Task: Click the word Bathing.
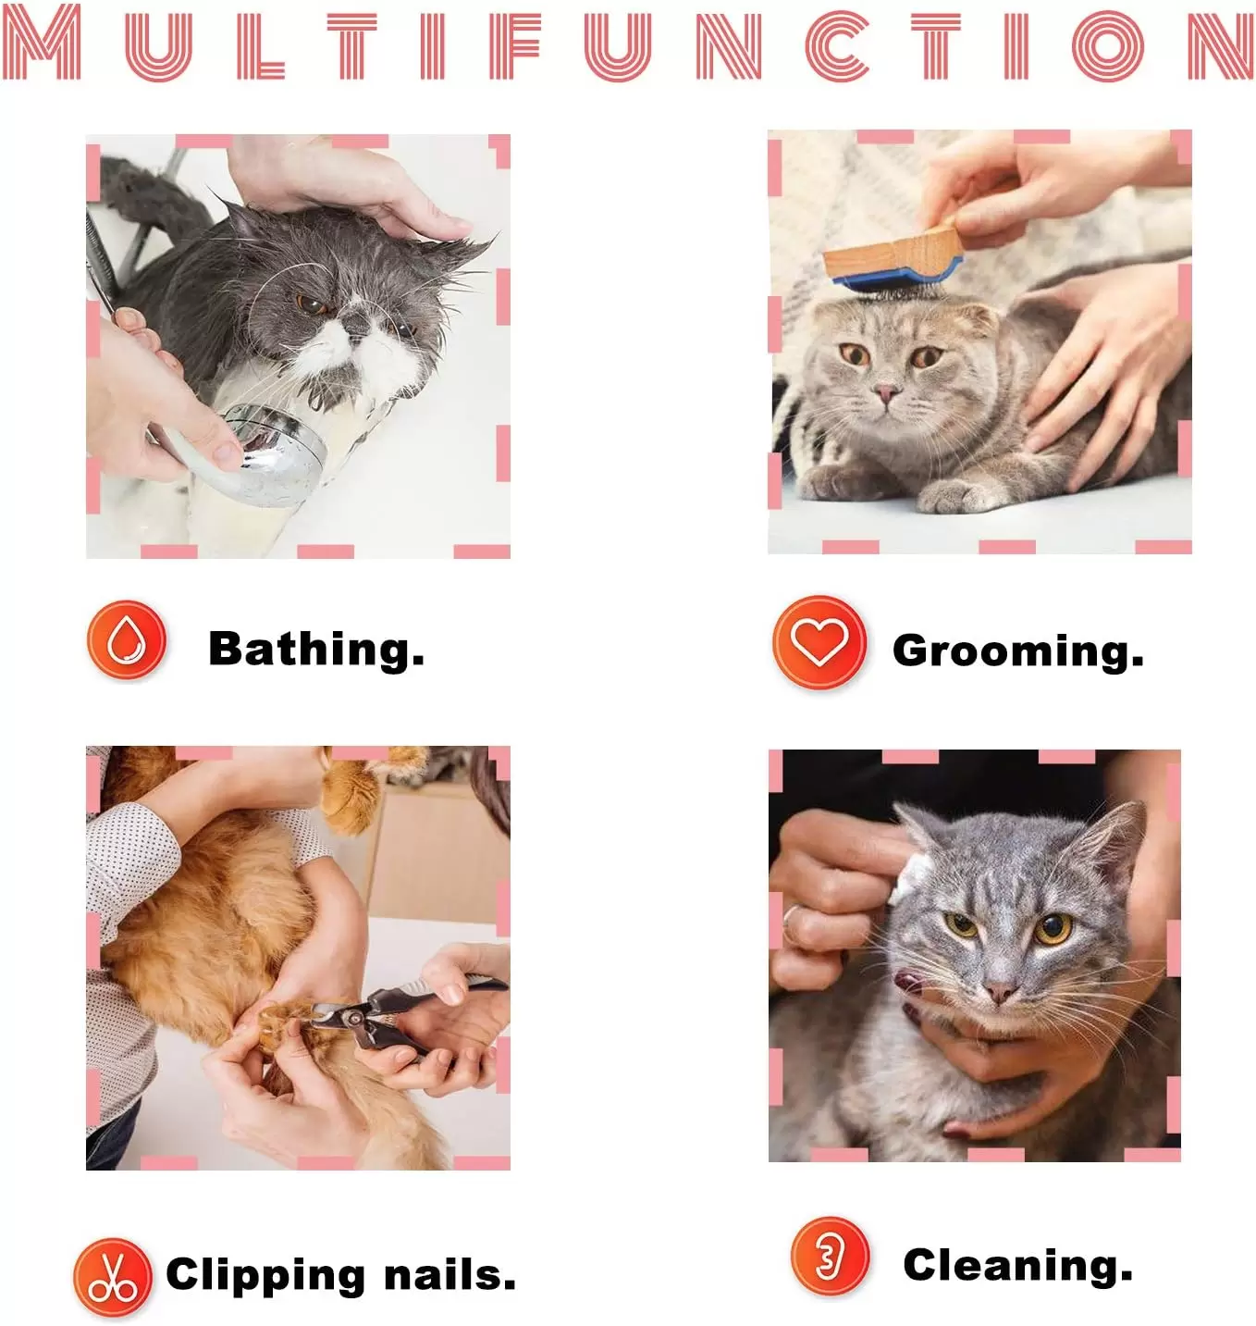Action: [316, 650]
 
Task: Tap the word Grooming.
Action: [1018, 651]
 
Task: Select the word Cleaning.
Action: [1018, 1265]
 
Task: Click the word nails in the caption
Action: [449, 1275]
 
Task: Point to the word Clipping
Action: [265, 1276]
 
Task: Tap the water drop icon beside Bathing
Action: [127, 639]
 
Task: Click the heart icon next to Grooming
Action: [819, 642]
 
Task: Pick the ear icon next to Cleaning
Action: [831, 1256]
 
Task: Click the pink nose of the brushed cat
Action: [885, 390]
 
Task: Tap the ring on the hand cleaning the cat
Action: [790, 916]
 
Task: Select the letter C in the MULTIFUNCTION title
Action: [837, 46]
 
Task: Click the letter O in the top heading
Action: [1108, 46]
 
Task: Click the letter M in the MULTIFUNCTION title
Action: [42, 43]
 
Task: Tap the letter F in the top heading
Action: [513, 46]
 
